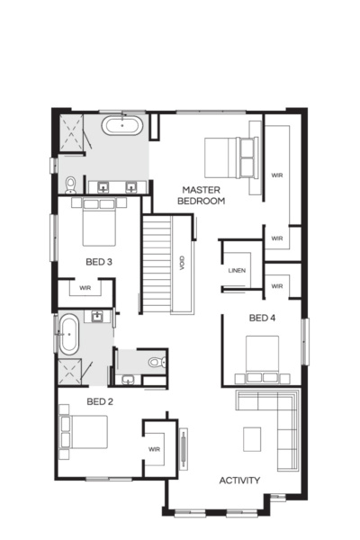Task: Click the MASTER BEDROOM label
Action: pyautogui.click(x=201, y=195)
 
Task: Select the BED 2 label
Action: pyautogui.click(x=99, y=400)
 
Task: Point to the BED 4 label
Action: pyautogui.click(x=262, y=318)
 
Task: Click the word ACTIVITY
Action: pyautogui.click(x=240, y=481)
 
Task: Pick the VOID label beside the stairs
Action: pyautogui.click(x=182, y=263)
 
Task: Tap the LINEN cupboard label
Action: pyautogui.click(x=237, y=270)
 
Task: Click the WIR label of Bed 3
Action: pyautogui.click(x=85, y=289)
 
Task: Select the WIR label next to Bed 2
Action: pyautogui.click(x=154, y=447)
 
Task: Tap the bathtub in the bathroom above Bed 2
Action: pyautogui.click(x=67, y=335)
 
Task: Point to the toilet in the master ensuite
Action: pyautogui.click(x=70, y=184)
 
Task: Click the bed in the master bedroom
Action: pyautogui.click(x=229, y=158)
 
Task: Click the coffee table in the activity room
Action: pyautogui.click(x=252, y=438)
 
